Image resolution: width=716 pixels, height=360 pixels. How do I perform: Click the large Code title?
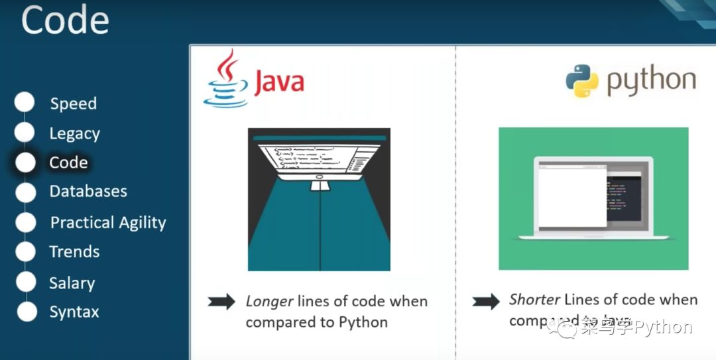point(65,20)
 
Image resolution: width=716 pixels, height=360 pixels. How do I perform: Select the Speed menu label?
point(74,104)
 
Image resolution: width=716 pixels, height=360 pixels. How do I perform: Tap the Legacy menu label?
point(74,134)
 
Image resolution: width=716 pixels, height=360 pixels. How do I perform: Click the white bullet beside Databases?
point(25,192)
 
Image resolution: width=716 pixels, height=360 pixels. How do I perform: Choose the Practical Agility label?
point(108,223)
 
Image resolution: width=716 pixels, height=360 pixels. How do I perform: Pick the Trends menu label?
point(74,252)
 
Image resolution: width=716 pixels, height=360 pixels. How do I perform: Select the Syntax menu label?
point(74,312)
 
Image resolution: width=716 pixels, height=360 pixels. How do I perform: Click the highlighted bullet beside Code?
point(25,162)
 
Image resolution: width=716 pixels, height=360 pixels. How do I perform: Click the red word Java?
point(279,82)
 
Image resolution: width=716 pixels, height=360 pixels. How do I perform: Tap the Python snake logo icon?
point(581,81)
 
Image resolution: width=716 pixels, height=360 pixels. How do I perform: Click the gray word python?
point(651,81)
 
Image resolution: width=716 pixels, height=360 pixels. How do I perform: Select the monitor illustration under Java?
point(319,199)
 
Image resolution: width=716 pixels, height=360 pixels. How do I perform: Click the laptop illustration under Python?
point(593,199)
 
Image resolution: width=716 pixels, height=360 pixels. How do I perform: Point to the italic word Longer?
point(269,302)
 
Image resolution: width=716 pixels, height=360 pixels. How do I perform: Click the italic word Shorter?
point(534,300)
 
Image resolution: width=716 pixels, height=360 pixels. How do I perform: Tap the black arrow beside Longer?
point(221,302)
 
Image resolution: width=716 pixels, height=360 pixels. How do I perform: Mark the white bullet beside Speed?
point(25,102)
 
